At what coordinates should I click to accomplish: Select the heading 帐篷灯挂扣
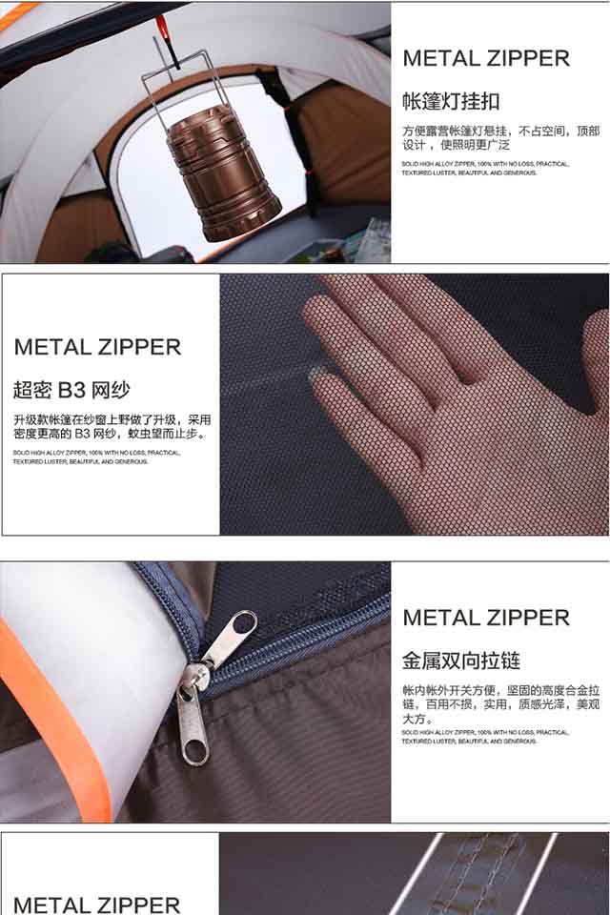pyautogui.click(x=451, y=101)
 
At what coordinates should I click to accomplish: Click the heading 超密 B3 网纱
pyautogui.click(x=71, y=389)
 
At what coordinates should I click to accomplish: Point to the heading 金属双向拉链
pyautogui.click(x=461, y=661)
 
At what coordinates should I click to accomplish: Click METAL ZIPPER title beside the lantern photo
pyautogui.click(x=486, y=57)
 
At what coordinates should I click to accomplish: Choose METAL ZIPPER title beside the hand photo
pyautogui.click(x=97, y=347)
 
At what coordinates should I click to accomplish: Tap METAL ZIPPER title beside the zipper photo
pyautogui.click(x=486, y=618)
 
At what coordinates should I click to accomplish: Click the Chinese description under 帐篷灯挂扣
pyautogui.click(x=500, y=137)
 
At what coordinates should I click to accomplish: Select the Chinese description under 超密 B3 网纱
pyautogui.click(x=112, y=426)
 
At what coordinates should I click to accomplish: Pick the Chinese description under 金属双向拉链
pyautogui.click(x=500, y=704)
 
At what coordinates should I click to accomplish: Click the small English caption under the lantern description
pyautogui.click(x=485, y=168)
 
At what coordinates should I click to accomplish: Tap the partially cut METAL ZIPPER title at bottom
pyautogui.click(x=97, y=905)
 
